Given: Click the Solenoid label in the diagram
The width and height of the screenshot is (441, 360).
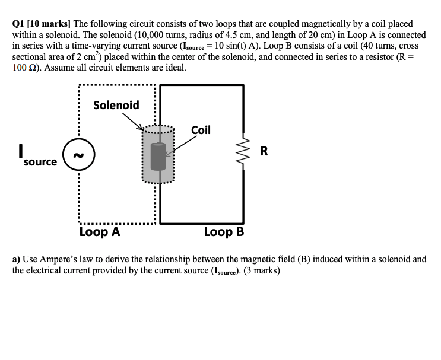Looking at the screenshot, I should pos(116,106).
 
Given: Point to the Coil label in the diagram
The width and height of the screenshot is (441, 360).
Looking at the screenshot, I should pos(201,130).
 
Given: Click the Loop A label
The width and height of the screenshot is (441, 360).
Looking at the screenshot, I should pos(100,232).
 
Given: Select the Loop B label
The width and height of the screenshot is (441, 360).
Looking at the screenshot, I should pos(224,232).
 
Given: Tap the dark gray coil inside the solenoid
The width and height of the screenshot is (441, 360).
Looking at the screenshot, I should pos(157,156).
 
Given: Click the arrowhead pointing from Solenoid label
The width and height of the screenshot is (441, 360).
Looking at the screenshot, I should pos(142,128).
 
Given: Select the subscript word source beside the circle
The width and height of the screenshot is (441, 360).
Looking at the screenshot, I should pos(40,161).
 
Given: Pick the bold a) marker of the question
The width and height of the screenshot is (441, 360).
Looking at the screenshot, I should pos(16,259).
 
